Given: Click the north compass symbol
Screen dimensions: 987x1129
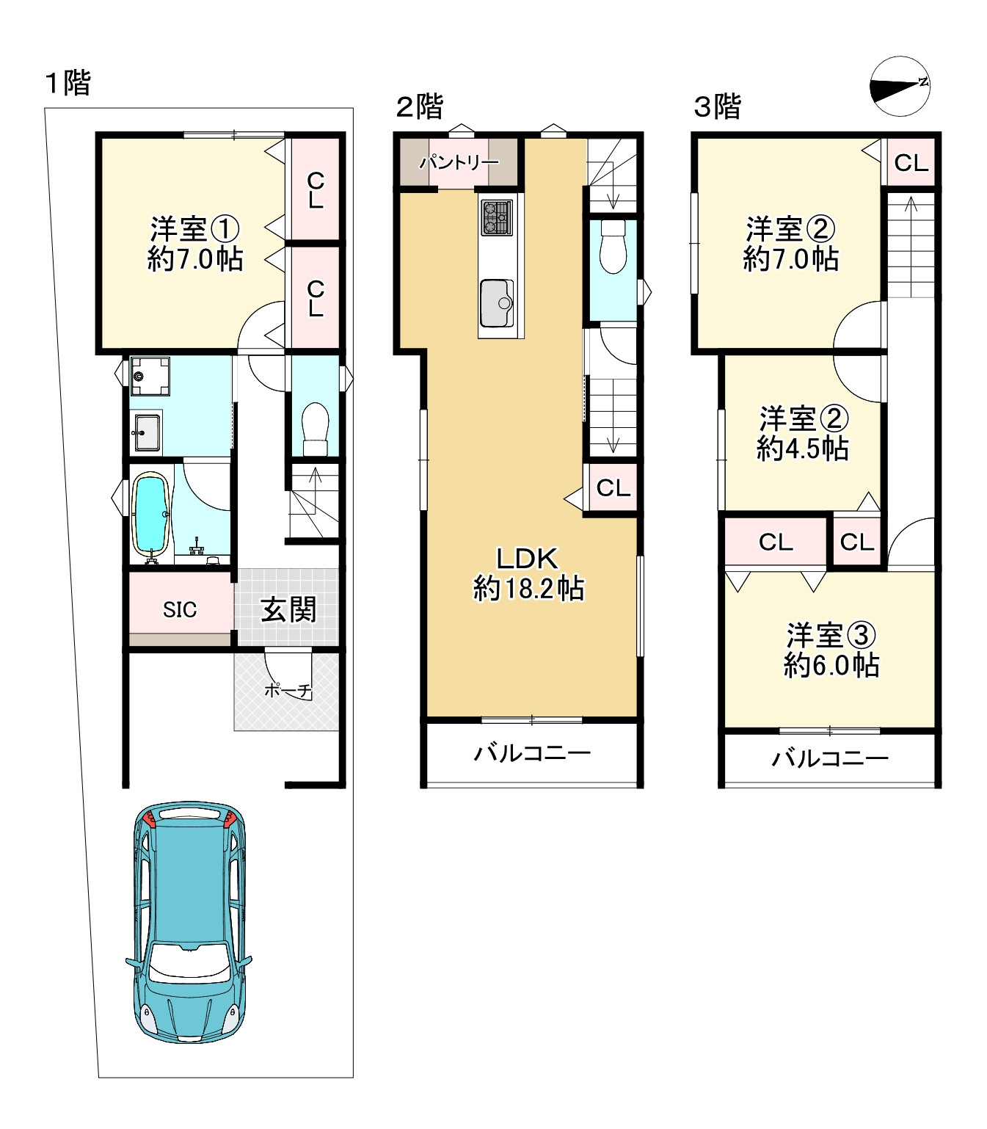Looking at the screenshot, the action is coord(899,86).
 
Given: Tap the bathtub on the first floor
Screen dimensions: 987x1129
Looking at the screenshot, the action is coord(150,513).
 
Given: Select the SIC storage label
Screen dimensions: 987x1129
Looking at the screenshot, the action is coord(179,609).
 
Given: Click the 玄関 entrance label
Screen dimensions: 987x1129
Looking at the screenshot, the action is coord(288,609).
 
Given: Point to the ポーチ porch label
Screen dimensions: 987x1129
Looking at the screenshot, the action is coord(288,690).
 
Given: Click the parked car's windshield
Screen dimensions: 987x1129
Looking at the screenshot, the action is coord(189,964).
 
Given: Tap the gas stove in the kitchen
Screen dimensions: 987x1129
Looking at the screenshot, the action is coord(497,217).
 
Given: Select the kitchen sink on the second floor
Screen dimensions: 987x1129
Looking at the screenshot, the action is coord(497,303).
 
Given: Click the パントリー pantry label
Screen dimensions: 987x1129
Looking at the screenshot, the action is coord(459,161).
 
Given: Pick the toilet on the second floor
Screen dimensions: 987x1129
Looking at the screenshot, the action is coord(613,247).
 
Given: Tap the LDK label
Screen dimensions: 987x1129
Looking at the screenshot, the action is coord(528,559).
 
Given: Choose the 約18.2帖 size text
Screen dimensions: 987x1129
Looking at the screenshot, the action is coord(528,588).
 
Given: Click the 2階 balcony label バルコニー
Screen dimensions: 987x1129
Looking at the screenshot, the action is coord(532,752).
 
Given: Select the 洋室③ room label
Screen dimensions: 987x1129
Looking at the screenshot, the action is coord(831,635).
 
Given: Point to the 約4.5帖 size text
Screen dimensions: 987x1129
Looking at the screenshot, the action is coord(802,448).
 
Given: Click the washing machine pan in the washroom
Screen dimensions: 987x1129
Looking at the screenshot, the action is coord(150,377).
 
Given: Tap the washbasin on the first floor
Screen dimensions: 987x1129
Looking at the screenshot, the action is coord(147,433).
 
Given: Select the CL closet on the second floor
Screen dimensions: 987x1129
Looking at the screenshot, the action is coord(613,488).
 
